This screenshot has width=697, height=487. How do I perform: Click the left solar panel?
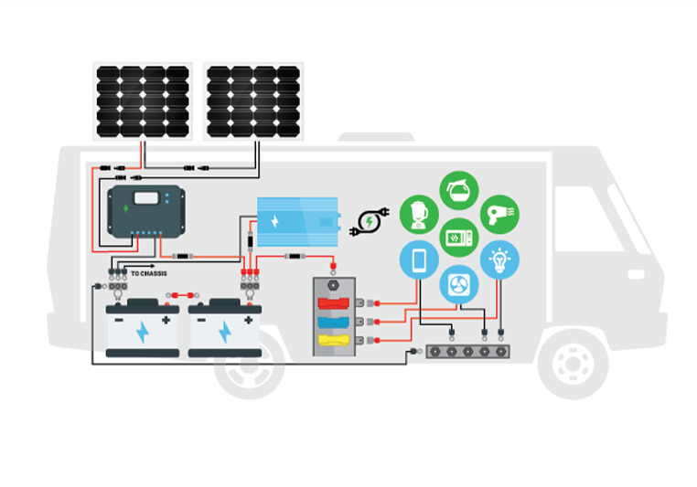pos(143,101)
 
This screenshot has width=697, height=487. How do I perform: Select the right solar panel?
pos(252,101)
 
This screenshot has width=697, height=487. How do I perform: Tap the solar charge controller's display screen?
pos(146,196)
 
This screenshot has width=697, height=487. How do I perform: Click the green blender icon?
pos(419,214)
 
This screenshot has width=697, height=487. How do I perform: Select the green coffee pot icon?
pos(459,190)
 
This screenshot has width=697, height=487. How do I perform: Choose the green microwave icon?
pos(459,238)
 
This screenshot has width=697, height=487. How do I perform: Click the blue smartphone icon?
pos(419,260)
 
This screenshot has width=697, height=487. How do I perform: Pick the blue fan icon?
pos(459,284)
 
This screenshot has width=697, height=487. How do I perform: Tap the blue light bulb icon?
pos(499,260)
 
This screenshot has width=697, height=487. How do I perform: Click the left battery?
pos(142,329)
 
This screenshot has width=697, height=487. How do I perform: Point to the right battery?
pos(224,329)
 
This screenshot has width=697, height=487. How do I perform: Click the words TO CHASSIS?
pos(149,273)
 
